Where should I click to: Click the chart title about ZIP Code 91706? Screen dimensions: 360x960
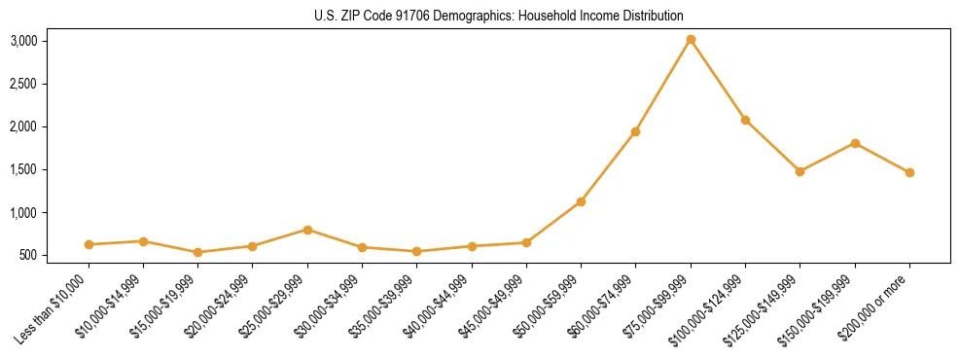point(499,16)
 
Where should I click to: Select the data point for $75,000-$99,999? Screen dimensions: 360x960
point(691,40)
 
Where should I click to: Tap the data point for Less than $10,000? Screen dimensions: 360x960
point(89,244)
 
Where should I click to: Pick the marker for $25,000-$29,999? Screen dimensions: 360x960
point(307,230)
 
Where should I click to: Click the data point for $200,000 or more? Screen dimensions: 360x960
point(909,172)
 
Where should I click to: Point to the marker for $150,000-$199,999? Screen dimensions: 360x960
point(855,143)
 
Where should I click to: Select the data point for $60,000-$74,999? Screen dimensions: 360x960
point(635,131)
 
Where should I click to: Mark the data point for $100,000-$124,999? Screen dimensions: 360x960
point(745,120)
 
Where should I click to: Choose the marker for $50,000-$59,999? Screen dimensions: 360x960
point(581,201)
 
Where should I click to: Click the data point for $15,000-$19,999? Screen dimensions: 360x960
point(198,252)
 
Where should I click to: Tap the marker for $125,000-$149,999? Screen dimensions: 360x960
point(800,171)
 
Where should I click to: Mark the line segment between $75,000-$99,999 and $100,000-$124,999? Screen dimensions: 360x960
point(718,80)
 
